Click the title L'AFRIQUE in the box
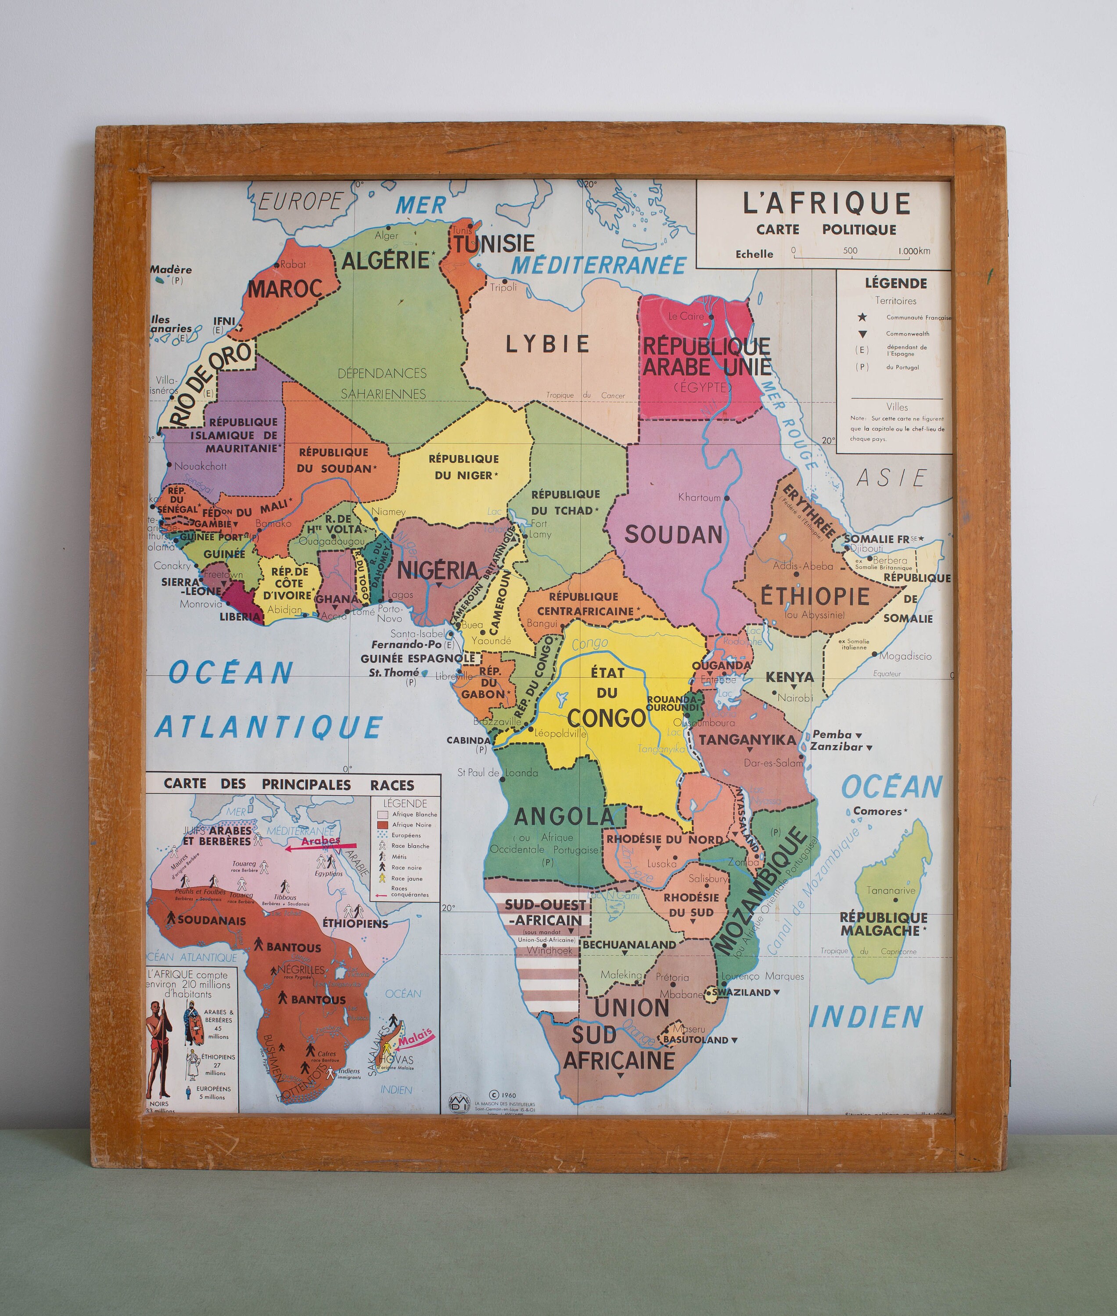(826, 204)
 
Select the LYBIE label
(548, 344)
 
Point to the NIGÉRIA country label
(438, 570)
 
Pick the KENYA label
(790, 677)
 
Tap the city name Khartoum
(699, 497)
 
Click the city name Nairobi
(795, 698)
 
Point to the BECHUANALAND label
(629, 944)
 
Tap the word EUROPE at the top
(300, 202)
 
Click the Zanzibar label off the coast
(837, 747)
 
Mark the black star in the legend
(862, 317)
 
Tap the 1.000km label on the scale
(914, 251)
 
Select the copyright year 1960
(507, 1095)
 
